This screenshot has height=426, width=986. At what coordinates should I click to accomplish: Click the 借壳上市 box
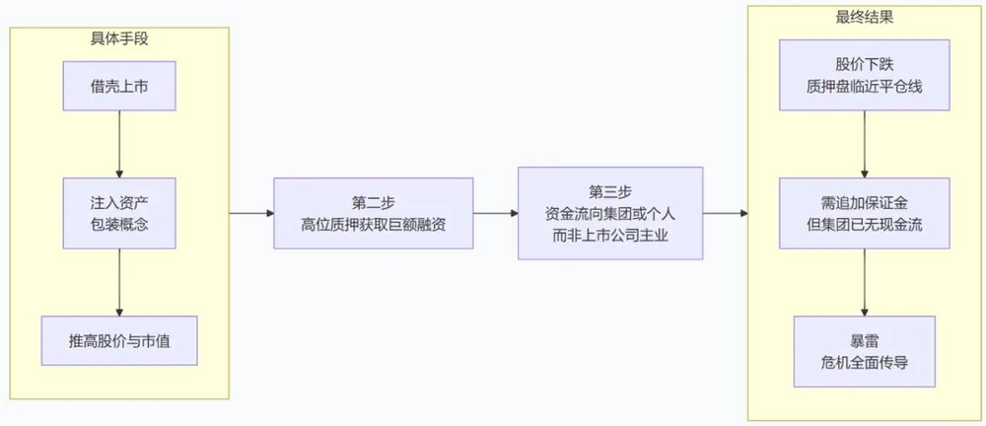pos(119,86)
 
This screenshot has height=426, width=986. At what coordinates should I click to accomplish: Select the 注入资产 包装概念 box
pos(119,213)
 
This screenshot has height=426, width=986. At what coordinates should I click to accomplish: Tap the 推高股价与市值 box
pos(119,341)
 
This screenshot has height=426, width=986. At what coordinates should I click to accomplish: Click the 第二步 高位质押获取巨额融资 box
pos(373,213)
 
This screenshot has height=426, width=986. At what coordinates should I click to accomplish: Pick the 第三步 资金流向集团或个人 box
pos(610,213)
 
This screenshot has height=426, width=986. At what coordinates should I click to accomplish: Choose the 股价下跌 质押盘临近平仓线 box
pos(864,75)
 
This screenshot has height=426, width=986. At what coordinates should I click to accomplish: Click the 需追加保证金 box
pos(864,213)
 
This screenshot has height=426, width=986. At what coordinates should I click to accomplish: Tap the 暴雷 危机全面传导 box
pos(864,352)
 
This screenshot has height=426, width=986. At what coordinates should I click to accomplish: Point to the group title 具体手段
pos(119,39)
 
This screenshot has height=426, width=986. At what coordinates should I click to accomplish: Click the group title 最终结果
pos(864,18)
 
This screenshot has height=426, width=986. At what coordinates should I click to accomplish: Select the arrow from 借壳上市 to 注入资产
pos(119,144)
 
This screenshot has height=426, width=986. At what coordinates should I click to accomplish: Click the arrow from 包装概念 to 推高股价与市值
pos(119,283)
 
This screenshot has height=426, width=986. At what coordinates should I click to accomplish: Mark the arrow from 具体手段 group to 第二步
pos(251,213)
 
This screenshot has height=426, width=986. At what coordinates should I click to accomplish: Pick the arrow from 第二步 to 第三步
pos(496,213)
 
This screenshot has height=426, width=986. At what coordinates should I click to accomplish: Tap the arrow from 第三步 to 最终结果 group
pos(726,213)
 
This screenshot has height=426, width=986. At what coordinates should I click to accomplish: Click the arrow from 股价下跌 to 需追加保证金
pos(864,144)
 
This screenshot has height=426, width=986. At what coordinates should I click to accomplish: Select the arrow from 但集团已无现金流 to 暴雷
pos(864,283)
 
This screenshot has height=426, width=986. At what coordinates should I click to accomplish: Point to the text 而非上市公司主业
pos(610,237)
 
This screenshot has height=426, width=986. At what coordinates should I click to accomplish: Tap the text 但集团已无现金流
pos(864,225)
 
